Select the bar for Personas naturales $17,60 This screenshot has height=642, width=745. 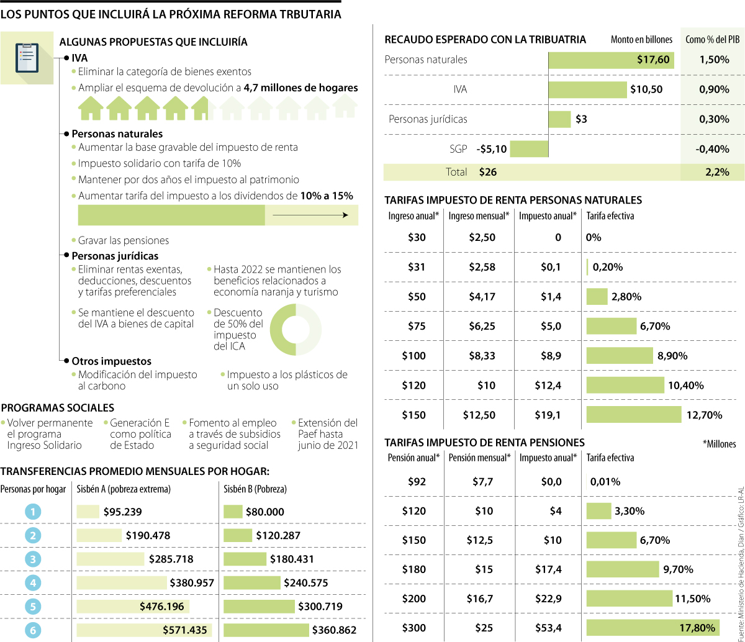[x=612, y=60]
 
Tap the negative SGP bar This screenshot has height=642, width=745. [x=529, y=149]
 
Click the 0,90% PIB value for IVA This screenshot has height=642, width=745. [x=713, y=89]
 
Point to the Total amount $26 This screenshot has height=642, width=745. [x=488, y=172]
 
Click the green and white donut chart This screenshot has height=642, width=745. [x=296, y=330]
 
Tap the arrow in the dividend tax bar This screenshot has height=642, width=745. [x=310, y=215]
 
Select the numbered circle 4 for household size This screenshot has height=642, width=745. [x=33, y=582]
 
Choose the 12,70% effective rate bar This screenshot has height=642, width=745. [x=634, y=415]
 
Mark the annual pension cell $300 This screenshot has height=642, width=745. [x=413, y=627]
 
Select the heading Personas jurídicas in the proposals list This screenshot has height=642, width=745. [x=115, y=256]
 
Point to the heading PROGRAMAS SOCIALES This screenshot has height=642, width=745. [x=58, y=408]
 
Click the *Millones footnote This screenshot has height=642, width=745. [x=719, y=444]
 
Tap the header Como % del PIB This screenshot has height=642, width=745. [x=712, y=40]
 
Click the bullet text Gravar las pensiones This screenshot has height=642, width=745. [x=123, y=240]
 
